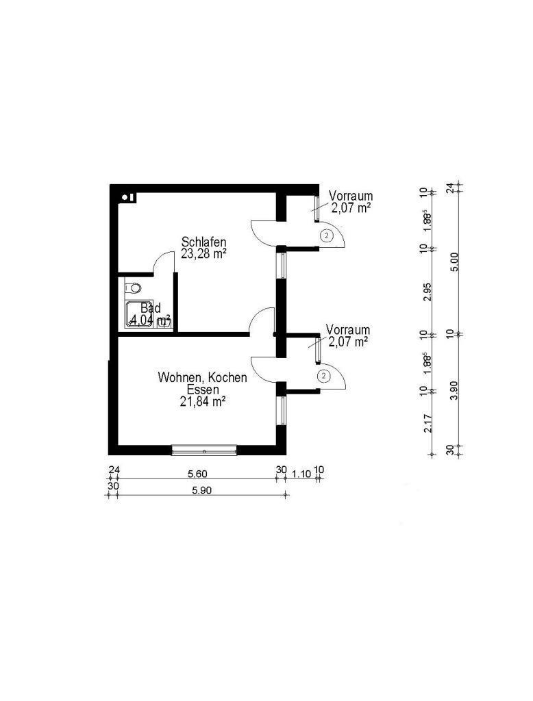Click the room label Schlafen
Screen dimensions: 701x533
(203, 242)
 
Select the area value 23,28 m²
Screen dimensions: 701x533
(203, 253)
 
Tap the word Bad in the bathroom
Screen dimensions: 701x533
(150, 308)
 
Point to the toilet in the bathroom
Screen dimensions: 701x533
(134, 287)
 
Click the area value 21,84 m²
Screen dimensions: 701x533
(202, 402)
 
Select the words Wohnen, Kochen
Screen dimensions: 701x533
(202, 377)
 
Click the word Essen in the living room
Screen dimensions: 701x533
(202, 390)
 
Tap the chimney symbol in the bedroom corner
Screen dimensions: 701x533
(127, 198)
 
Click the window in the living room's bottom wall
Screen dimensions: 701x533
(204, 449)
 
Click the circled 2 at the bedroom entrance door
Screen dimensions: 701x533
(327, 236)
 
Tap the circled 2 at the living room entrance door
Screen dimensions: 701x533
(323, 375)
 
